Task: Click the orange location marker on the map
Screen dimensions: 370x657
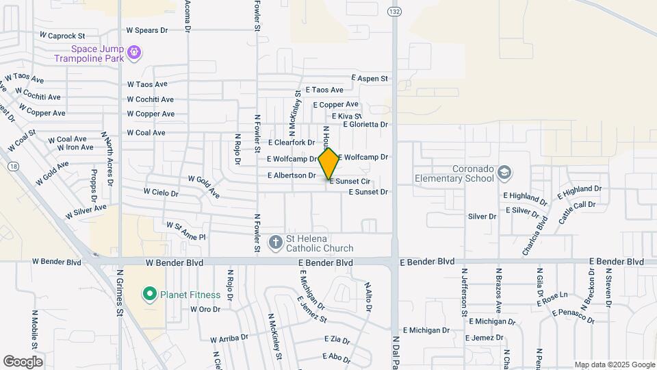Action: click(328, 164)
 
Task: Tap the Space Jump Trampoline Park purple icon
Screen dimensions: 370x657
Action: click(134, 51)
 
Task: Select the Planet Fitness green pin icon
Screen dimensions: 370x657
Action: click(149, 295)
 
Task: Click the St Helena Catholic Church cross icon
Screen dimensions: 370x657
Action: click(275, 242)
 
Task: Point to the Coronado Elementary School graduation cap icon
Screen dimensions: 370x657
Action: click(505, 171)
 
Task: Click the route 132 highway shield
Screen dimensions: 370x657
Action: click(394, 12)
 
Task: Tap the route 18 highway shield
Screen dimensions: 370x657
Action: click(13, 166)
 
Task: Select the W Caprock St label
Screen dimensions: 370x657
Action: click(62, 35)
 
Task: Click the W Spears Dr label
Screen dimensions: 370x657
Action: click(147, 31)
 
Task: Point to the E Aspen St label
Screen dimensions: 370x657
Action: click(370, 79)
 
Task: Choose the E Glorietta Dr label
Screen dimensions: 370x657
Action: click(365, 125)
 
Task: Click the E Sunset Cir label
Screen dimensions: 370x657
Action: click(350, 182)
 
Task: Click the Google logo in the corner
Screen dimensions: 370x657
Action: click(23, 361)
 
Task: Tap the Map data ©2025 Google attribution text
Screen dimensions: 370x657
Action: click(614, 365)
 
